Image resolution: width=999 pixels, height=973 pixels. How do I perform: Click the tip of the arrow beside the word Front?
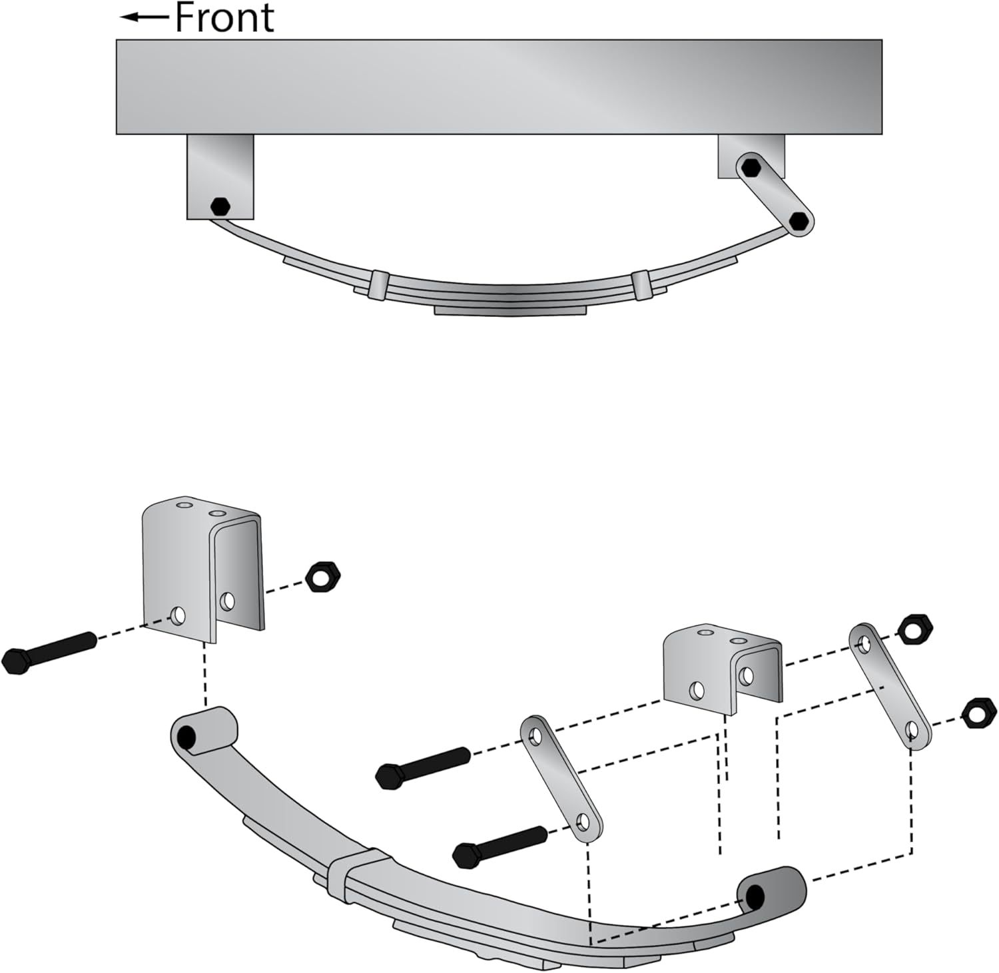click(121, 17)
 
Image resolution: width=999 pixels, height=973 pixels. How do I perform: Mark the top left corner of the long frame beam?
click(117, 40)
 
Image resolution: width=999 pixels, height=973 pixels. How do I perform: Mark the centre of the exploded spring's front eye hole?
click(186, 737)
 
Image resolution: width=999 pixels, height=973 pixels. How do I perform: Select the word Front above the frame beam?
click(224, 17)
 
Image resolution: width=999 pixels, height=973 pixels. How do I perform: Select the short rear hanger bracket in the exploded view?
click(723, 671)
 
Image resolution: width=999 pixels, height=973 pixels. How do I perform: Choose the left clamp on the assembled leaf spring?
click(378, 284)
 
